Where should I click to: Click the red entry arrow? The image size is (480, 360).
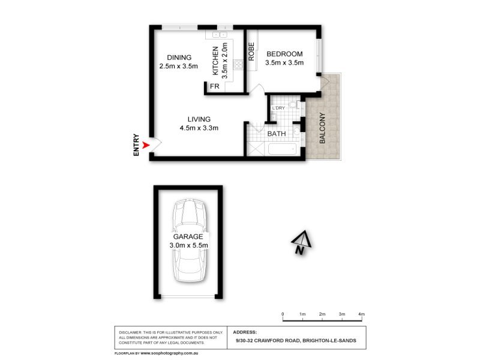pyautogui.click(x=146, y=145)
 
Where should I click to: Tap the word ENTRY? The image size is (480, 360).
pyautogui.click(x=136, y=145)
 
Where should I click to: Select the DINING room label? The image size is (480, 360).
pyautogui.click(x=179, y=58)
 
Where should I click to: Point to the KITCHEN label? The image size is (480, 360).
pyautogui.click(x=215, y=61)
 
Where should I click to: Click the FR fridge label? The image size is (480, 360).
pyautogui.click(x=215, y=86)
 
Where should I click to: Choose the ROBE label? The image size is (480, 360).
pyautogui.click(x=251, y=52)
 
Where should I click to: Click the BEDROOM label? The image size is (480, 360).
pyautogui.click(x=284, y=54)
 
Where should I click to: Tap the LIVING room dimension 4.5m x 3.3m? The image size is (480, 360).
pyautogui.click(x=199, y=128)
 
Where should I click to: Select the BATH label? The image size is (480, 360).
pyautogui.click(x=277, y=134)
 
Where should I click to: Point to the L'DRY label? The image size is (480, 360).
pyautogui.click(x=278, y=108)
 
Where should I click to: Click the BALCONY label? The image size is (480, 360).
pyautogui.click(x=322, y=128)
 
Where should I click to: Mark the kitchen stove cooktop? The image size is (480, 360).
pyautogui.click(x=238, y=64)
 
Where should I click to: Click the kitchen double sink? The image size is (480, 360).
pyautogui.click(x=220, y=35)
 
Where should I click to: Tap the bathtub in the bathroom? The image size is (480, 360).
pyautogui.click(x=282, y=149)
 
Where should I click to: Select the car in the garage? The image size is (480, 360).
pyautogui.click(x=188, y=241)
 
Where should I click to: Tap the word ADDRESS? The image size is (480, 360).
pyautogui.click(x=245, y=332)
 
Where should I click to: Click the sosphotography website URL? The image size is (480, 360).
pyautogui.click(x=169, y=353)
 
